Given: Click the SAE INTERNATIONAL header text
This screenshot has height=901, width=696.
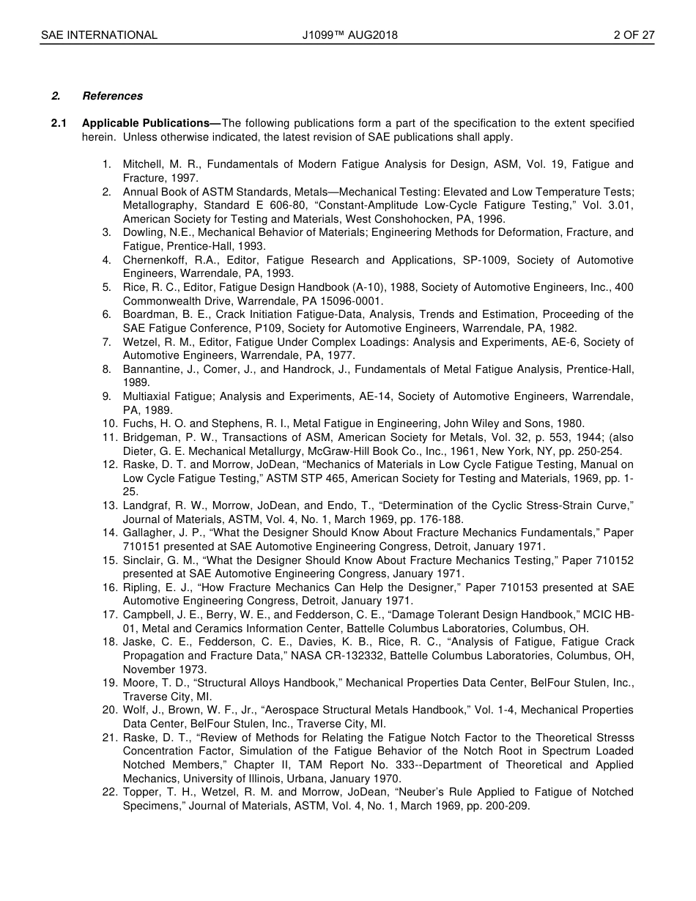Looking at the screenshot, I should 99,34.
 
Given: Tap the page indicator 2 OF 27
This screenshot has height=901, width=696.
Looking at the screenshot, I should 634,34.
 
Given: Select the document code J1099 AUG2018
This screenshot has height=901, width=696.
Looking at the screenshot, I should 349,34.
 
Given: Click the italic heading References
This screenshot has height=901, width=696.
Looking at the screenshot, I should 113,96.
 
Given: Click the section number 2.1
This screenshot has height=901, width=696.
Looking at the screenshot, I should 59,123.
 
